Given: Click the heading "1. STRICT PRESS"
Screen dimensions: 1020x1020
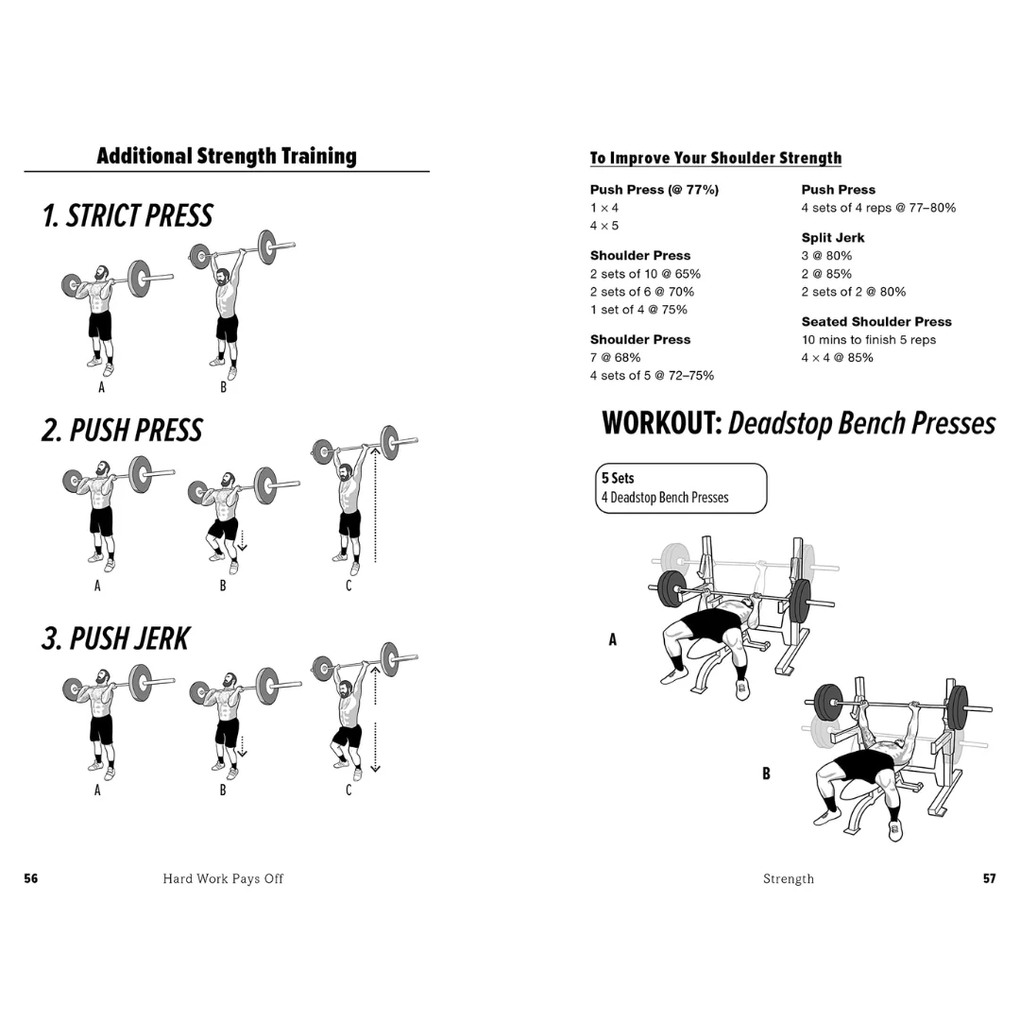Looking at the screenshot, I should click(127, 216).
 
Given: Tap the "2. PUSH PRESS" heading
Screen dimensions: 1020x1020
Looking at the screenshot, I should click(122, 431).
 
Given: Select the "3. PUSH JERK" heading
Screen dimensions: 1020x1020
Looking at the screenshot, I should click(115, 638).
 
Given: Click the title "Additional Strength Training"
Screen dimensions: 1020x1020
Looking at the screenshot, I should click(227, 156).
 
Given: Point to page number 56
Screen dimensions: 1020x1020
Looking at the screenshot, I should click(31, 878).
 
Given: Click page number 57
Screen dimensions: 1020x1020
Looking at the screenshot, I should click(989, 878).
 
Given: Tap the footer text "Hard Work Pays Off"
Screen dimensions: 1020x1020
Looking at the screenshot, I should click(223, 878).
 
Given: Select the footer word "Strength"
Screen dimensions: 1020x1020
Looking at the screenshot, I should click(789, 878).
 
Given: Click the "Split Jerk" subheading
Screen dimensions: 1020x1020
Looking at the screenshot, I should click(833, 238).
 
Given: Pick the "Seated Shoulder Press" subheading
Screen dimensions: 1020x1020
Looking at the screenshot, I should click(876, 322).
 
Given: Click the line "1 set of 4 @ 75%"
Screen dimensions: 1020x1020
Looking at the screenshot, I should click(638, 310).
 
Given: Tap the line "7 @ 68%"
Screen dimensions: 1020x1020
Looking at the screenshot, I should click(615, 358).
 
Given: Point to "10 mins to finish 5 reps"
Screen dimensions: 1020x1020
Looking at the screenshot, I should click(869, 340).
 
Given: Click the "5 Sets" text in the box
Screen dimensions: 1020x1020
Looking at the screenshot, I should click(618, 478).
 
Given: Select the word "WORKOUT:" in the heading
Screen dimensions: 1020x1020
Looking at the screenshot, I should click(662, 424).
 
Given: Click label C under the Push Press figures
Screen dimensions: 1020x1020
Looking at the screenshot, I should click(348, 586).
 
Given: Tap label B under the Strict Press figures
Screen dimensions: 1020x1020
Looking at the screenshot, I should click(224, 386).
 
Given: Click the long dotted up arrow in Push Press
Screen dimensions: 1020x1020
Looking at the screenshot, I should click(375, 505).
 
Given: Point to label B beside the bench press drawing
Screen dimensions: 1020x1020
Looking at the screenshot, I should click(767, 773).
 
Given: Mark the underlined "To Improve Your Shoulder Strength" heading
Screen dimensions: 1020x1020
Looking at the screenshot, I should click(716, 158).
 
